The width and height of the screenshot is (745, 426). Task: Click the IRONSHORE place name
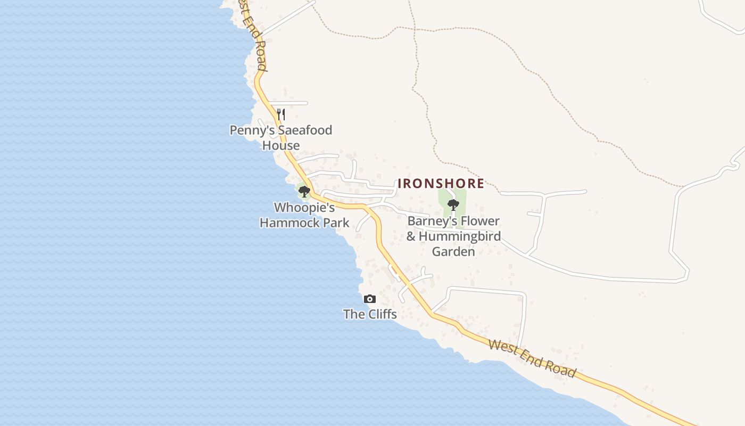click(x=441, y=184)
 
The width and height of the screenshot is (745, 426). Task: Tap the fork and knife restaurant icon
click(x=281, y=114)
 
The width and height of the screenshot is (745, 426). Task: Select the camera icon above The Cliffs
click(x=370, y=299)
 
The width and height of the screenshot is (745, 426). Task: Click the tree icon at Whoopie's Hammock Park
click(x=304, y=191)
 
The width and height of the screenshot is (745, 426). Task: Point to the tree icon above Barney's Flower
click(x=453, y=204)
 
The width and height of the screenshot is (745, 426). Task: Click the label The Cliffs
click(x=370, y=314)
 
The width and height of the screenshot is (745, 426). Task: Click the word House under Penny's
click(x=281, y=145)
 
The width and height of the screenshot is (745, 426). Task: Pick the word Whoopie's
click(x=304, y=208)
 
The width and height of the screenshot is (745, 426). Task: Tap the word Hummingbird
click(x=460, y=236)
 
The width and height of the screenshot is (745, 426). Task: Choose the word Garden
click(x=453, y=251)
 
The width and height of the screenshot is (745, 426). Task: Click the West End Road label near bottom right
click(x=532, y=358)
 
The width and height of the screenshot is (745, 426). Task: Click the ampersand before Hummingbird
click(x=411, y=236)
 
